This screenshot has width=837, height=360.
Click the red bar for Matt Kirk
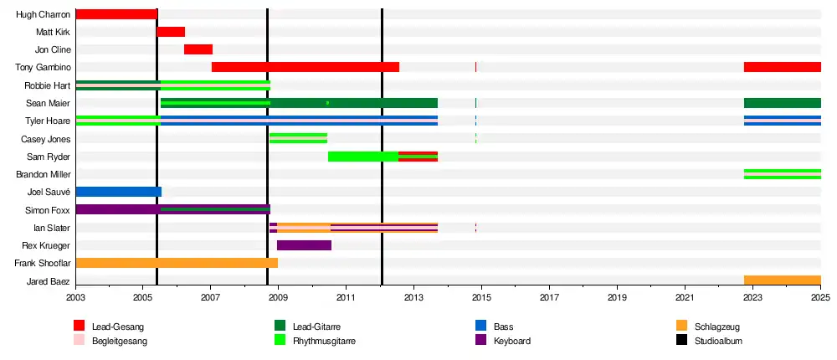point(171,32)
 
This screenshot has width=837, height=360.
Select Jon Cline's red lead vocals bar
point(198,49)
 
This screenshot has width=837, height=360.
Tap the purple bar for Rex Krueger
point(305,245)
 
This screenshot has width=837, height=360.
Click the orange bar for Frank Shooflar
point(177,263)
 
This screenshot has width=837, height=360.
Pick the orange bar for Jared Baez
point(783,280)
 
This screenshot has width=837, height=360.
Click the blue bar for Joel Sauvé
point(119,192)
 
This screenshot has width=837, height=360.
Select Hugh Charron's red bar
point(116,14)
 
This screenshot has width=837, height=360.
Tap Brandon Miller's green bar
point(783,174)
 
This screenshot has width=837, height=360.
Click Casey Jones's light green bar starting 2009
point(299,139)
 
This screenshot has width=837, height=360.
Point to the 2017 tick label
point(549,296)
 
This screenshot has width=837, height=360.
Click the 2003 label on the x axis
point(76,296)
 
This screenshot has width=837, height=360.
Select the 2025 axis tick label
point(820,296)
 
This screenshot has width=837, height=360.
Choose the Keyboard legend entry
point(503,341)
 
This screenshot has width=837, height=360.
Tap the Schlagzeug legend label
point(717,327)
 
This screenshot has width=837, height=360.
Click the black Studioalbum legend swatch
point(681,340)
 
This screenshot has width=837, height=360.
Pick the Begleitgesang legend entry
point(110,341)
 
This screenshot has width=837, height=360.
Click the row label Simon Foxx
point(48,210)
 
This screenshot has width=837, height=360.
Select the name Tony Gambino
point(44,68)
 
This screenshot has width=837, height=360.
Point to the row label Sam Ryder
point(49,157)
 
